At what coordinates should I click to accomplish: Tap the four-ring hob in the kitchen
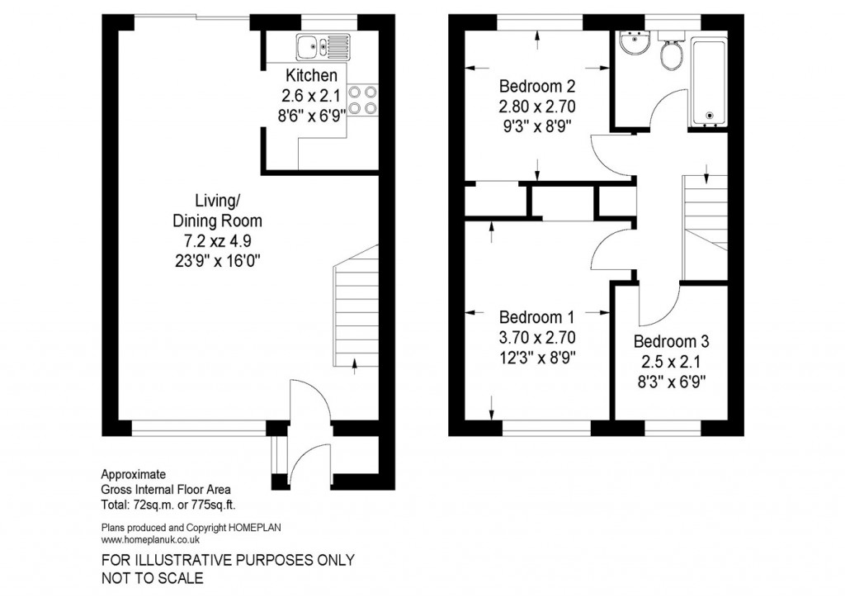pyautogui.click(x=364, y=99)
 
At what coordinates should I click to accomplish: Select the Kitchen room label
pyautogui.click(x=306, y=75)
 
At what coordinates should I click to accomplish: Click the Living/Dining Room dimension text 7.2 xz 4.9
pyautogui.click(x=217, y=240)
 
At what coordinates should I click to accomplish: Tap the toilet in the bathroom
pyautogui.click(x=671, y=52)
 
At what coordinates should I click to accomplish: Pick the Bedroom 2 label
pyautogui.click(x=536, y=86)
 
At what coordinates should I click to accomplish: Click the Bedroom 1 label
pyautogui.click(x=536, y=317)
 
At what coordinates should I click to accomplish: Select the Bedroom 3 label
pyautogui.click(x=671, y=341)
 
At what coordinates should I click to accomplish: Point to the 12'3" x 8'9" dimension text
pyautogui.click(x=536, y=358)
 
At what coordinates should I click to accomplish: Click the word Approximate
pyautogui.click(x=134, y=474)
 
